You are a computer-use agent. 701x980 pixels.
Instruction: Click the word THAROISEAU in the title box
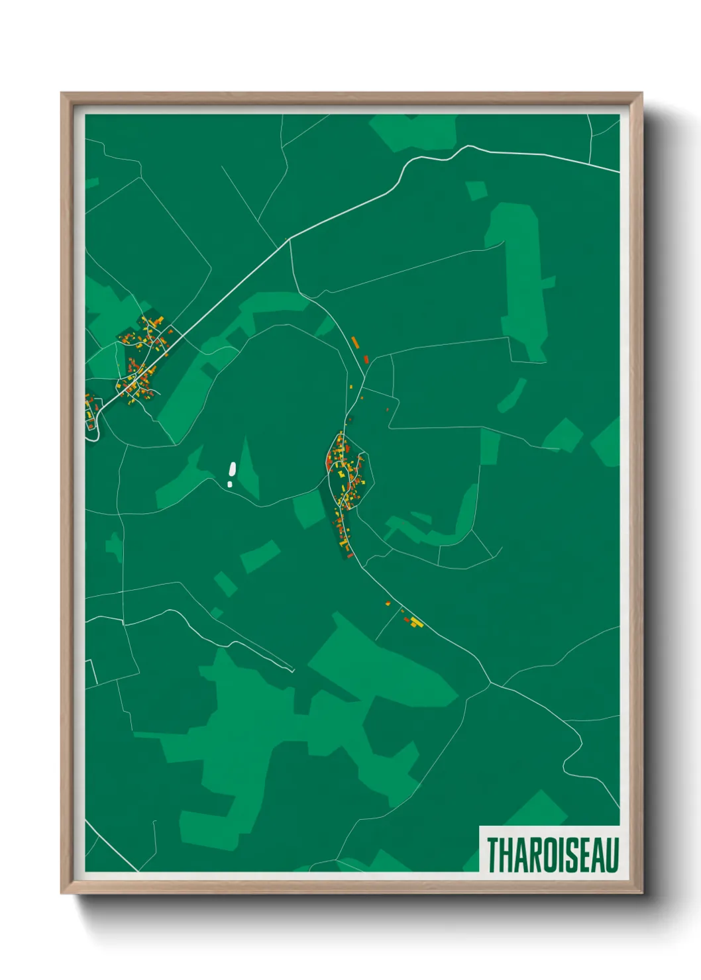coord(553,855)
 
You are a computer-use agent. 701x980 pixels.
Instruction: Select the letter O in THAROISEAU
coord(549,855)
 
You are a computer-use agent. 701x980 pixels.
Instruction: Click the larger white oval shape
coord(232,469)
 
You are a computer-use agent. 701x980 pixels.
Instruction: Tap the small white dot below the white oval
coord(230,484)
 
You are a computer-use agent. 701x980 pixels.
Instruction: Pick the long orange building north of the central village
coord(355,342)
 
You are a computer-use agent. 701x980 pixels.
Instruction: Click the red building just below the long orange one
coord(365,359)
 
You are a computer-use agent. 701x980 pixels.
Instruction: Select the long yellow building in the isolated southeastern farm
coord(415,622)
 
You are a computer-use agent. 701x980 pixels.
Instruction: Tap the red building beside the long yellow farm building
coord(407,620)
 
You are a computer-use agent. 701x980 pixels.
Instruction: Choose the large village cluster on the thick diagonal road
coord(143,361)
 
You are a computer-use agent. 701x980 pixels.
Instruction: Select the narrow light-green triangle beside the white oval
coord(248,470)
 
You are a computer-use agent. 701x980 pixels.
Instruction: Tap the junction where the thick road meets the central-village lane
coord(290,239)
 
